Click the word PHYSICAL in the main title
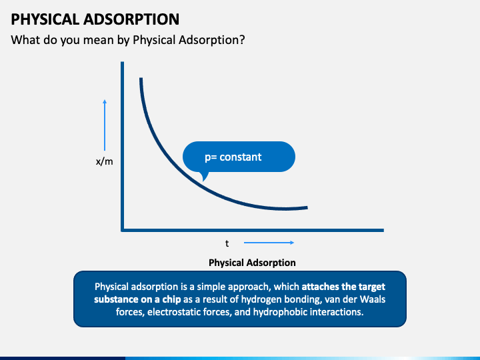pos(45,19)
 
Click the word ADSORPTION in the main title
pos(131,19)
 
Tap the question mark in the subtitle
pos(242,40)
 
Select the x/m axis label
pos(105,161)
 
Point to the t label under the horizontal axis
pos(227,243)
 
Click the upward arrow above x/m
pos(105,125)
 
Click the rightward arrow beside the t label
pos(269,243)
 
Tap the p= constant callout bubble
pos(239,157)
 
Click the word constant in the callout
pos(240,157)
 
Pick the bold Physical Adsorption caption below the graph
pos(252,263)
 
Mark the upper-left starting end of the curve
pos(141,79)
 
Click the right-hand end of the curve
pos(307,207)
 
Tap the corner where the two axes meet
pos(123,230)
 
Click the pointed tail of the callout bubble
pos(203,181)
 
